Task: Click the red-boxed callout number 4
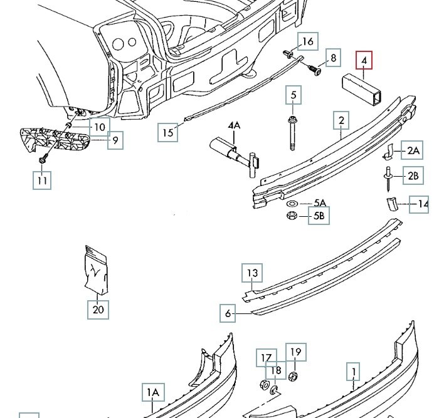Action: pyautogui.click(x=364, y=61)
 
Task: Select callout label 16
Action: pyautogui.click(x=307, y=41)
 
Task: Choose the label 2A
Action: pyautogui.click(x=412, y=150)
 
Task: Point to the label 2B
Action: pyautogui.click(x=412, y=176)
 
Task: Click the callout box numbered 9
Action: pyautogui.click(x=114, y=140)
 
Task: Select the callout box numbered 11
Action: pyautogui.click(x=42, y=180)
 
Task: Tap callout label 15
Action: pyautogui.click(x=167, y=132)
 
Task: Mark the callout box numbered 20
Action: pyautogui.click(x=99, y=308)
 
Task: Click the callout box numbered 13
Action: pyautogui.click(x=252, y=273)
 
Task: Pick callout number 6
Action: pyautogui.click(x=228, y=312)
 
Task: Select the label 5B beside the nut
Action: pyautogui.click(x=319, y=217)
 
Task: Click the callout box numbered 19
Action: pyautogui.click(x=295, y=352)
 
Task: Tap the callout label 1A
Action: pyautogui.click(x=152, y=394)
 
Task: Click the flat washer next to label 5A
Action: pyautogui.click(x=292, y=204)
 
